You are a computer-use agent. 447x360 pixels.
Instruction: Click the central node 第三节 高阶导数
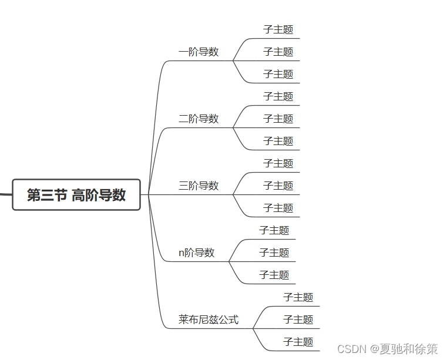click(76, 195)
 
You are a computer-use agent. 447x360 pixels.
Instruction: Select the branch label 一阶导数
click(199, 52)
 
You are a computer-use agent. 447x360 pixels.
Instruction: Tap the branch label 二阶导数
click(199, 119)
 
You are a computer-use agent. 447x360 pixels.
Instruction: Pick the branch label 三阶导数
click(199, 186)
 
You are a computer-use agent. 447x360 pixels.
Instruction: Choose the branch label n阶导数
click(197, 253)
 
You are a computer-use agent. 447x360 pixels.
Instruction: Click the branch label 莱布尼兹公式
click(209, 320)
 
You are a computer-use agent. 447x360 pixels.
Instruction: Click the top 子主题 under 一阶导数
click(278, 29)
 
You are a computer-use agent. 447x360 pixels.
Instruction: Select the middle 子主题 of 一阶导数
click(278, 52)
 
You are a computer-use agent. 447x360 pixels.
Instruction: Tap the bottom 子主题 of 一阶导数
click(278, 74)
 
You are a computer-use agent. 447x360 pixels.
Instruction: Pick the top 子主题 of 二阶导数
click(278, 96)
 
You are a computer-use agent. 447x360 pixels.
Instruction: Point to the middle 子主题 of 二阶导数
click(278, 119)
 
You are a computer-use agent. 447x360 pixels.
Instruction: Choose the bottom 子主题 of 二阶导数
click(278, 141)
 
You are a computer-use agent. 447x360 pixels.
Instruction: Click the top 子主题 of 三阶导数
click(278, 163)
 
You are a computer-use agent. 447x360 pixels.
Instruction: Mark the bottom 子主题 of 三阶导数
click(278, 208)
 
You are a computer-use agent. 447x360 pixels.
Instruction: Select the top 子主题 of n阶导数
click(274, 230)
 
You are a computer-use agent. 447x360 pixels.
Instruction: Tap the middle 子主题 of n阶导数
click(274, 253)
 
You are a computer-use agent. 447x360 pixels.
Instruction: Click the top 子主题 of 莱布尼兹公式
click(298, 297)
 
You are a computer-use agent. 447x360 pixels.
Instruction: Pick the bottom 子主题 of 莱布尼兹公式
click(298, 342)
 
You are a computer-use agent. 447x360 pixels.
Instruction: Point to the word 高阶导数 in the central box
click(99, 195)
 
